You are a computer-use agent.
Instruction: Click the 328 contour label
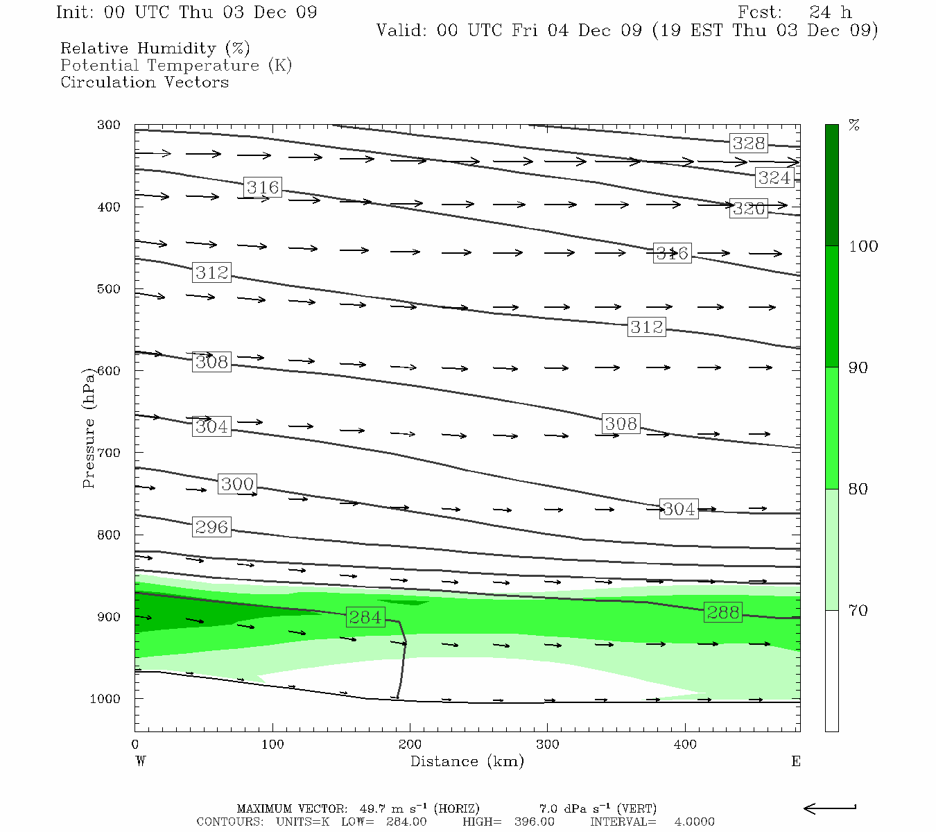[749, 144]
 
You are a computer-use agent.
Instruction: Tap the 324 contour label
[774, 178]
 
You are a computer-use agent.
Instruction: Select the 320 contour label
[749, 209]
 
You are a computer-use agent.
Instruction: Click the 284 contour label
[365, 617]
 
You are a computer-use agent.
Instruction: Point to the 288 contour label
[723, 612]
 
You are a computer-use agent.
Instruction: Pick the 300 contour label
[237, 484]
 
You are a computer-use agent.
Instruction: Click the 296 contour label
[211, 527]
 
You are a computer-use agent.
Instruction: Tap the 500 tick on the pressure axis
[109, 289]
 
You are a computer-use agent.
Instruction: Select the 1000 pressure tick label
[105, 699]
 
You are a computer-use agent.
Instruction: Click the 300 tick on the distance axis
[548, 745]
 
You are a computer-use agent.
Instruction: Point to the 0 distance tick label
[135, 745]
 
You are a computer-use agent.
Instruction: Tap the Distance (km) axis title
[467, 761]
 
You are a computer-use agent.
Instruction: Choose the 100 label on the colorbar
[863, 246]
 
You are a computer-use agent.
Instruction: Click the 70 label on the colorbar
[858, 611]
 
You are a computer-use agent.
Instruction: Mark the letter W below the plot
[141, 761]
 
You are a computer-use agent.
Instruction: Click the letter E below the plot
[795, 761]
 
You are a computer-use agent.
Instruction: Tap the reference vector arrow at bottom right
[829, 808]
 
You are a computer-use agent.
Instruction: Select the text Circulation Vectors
[144, 82]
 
